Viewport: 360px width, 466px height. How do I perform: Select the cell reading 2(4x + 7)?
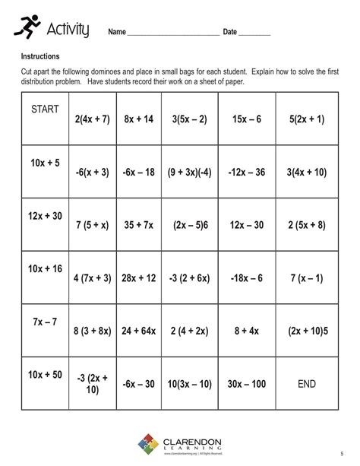coord(93,119)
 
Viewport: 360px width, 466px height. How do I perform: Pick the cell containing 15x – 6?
coord(247,119)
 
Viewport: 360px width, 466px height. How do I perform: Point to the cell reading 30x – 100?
coord(247,384)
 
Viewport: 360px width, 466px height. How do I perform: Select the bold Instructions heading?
coord(40,56)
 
